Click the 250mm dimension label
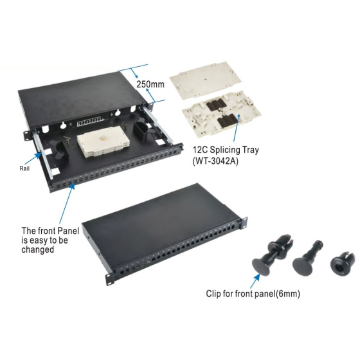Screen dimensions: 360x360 150,84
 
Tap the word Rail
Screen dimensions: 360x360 24,168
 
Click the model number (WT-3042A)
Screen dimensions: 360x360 215,161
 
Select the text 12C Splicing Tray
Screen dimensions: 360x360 226,150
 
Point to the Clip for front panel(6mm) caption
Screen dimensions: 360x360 253,294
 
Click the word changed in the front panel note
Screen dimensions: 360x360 38,249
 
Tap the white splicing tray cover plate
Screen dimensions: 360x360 206,80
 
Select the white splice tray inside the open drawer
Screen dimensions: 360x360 102,141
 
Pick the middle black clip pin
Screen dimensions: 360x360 307,258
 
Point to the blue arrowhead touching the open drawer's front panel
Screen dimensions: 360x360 72,186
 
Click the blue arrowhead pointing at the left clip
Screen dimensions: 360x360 257,277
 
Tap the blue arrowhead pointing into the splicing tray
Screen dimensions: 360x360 239,116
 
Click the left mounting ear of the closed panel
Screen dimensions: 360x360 110,279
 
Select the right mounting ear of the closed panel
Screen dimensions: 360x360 244,222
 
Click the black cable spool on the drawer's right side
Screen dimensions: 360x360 141,131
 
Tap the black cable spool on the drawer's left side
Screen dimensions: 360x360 60,150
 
